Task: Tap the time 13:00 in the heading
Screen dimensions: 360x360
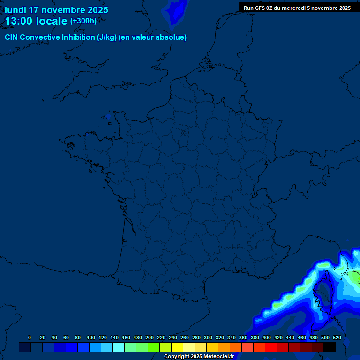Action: pos(19,21)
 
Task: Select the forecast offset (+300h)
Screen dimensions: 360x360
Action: pos(83,21)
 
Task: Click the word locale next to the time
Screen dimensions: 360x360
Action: pos(52,21)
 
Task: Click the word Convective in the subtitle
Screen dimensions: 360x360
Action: pos(39,37)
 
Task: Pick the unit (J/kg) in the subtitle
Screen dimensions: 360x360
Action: pos(107,37)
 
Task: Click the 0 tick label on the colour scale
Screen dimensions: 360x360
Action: pos(30,337)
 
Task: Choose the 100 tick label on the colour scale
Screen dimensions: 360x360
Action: pos(91,337)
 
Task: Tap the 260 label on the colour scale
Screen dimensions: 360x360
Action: pos(185,337)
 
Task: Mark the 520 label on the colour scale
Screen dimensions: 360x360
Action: pos(337,337)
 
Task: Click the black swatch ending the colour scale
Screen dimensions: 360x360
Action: pos(330,347)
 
